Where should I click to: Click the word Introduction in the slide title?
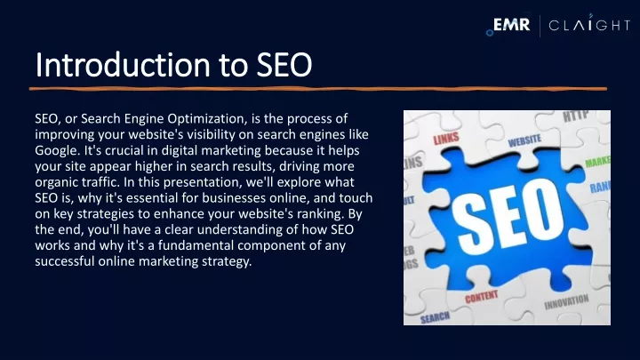[x=123, y=65]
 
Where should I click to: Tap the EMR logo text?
[x=511, y=25]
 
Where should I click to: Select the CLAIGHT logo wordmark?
[x=589, y=25]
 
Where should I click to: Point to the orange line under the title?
[x=318, y=89]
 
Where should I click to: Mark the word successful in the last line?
[x=65, y=261]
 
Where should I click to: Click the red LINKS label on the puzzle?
[x=445, y=139]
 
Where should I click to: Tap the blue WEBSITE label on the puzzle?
[x=524, y=141]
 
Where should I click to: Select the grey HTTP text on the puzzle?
[x=576, y=116]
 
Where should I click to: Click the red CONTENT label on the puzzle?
[x=482, y=297]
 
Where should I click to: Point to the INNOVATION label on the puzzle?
[x=566, y=302]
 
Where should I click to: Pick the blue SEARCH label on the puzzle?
[x=435, y=317]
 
